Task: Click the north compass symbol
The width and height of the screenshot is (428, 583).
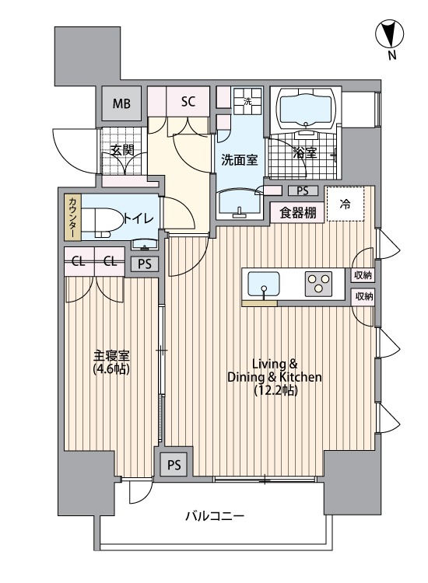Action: tap(391, 35)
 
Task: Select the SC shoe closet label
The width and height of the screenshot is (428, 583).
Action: tap(188, 101)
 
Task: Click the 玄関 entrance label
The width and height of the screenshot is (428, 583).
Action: tap(120, 151)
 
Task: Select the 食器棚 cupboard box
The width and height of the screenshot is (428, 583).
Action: tap(298, 213)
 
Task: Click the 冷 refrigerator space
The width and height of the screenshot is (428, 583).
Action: tap(346, 205)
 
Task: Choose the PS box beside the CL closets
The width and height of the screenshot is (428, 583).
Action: tap(144, 264)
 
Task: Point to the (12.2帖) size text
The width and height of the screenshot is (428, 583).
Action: tap(273, 391)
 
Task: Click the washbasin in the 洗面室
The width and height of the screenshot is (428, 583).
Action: tap(240, 204)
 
